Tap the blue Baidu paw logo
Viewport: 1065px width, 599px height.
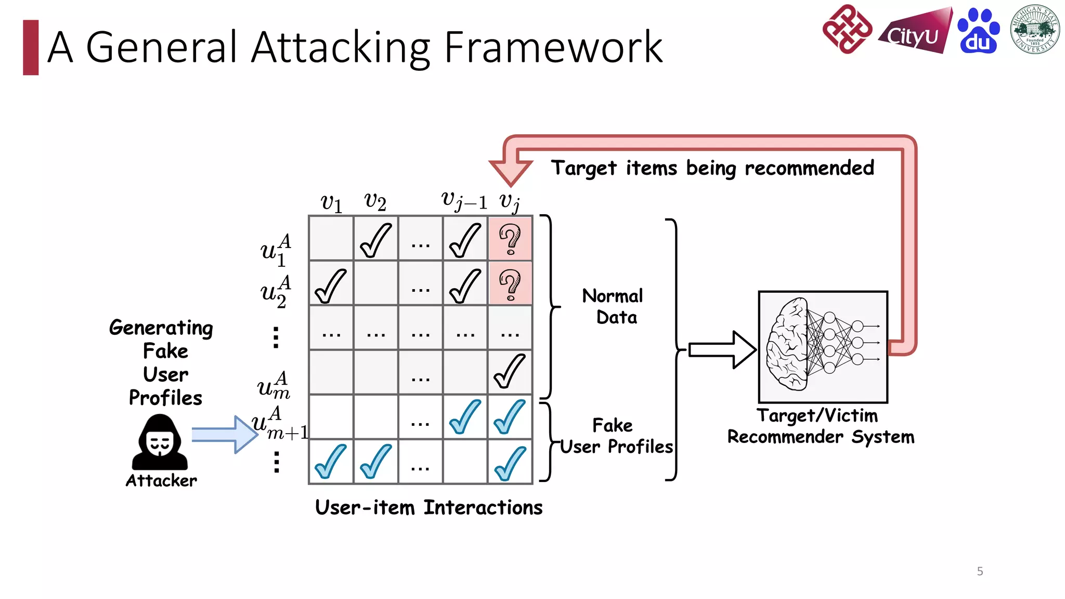(x=978, y=31)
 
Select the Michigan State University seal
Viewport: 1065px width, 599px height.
(x=1035, y=29)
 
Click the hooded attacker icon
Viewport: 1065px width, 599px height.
(x=160, y=442)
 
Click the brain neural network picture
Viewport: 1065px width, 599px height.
(x=823, y=346)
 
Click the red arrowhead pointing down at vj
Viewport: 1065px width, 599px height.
(x=511, y=172)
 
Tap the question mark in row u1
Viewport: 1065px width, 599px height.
(x=510, y=239)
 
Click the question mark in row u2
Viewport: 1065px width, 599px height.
(x=510, y=284)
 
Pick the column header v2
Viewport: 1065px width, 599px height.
(x=375, y=201)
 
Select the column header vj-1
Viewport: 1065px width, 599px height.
(x=464, y=201)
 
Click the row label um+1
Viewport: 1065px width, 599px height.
(x=279, y=424)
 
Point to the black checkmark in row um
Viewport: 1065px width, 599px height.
(x=510, y=371)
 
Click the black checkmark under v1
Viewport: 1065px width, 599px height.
(x=331, y=285)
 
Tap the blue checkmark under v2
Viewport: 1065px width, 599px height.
(x=375, y=461)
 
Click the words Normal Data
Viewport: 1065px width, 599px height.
(x=614, y=306)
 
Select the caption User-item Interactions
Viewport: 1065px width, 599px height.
(x=428, y=507)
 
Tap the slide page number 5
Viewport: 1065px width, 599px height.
(x=980, y=571)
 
